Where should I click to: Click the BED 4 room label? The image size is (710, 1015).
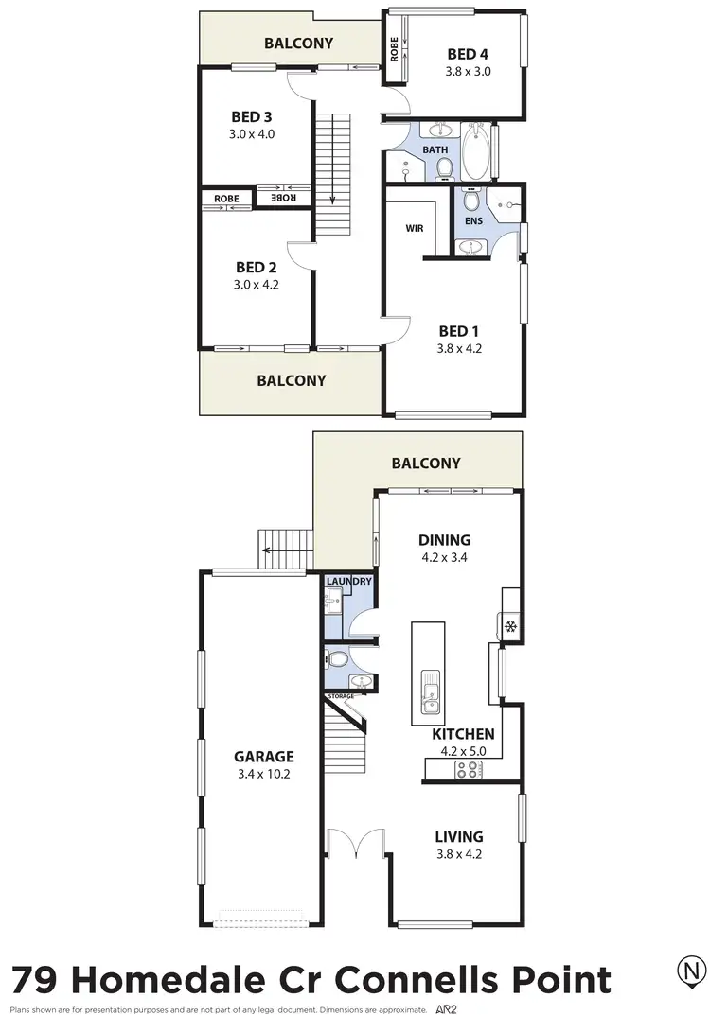(469, 53)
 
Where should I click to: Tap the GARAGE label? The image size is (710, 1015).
(264, 756)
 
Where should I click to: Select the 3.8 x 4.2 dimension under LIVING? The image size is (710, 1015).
(459, 855)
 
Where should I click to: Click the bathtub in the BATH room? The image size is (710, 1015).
(476, 152)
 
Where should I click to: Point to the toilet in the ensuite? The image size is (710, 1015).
(470, 201)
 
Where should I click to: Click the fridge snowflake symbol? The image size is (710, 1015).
(508, 626)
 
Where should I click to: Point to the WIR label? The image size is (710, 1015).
(414, 228)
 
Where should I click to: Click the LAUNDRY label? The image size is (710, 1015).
(348, 582)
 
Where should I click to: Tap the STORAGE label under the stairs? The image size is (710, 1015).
(341, 696)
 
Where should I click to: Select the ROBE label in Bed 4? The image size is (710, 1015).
(395, 49)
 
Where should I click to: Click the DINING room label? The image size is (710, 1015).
(445, 540)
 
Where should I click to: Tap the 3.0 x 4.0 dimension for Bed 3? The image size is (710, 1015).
(252, 134)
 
